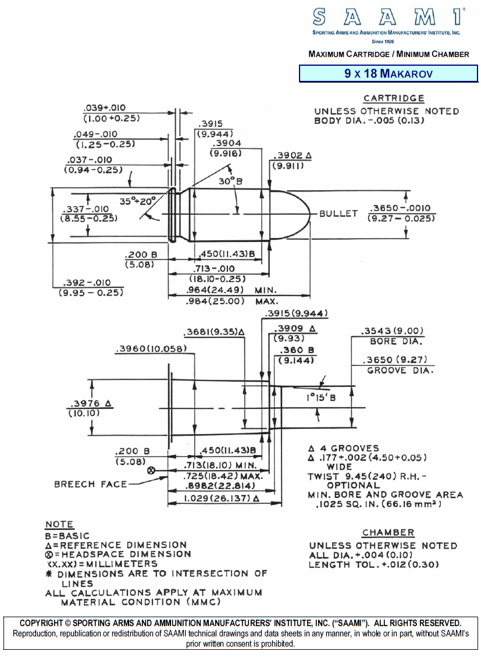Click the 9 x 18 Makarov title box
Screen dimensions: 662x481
[388, 74]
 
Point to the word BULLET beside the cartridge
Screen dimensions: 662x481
[339, 213]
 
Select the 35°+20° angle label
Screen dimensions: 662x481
[138, 201]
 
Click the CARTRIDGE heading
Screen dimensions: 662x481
[394, 98]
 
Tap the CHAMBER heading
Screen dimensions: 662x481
[388, 532]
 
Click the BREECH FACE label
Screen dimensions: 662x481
[90, 484]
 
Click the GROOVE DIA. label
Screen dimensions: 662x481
[400, 371]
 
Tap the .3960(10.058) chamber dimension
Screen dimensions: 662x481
[151, 349]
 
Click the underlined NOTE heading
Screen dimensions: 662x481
[59, 524]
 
